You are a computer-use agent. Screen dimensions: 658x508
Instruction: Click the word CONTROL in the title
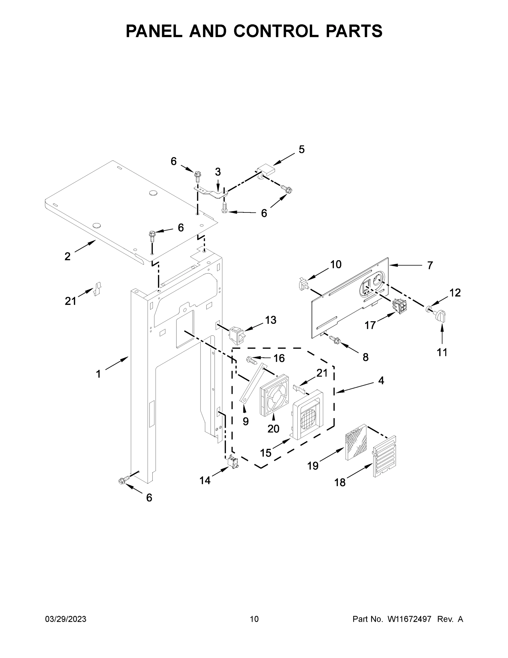(276, 31)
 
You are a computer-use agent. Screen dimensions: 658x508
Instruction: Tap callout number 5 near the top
(302, 149)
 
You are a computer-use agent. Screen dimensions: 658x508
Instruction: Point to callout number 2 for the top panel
(67, 257)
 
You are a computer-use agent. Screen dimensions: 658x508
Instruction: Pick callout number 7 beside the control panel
(430, 265)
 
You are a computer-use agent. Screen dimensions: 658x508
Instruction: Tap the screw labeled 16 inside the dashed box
(252, 359)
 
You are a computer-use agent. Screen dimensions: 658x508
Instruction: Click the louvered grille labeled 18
(384, 456)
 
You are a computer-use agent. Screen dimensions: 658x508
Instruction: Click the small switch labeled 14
(232, 462)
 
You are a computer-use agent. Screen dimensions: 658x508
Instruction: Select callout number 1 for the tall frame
(98, 374)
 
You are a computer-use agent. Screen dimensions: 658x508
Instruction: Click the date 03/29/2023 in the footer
(66, 619)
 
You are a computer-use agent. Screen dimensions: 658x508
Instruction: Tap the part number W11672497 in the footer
(409, 619)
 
